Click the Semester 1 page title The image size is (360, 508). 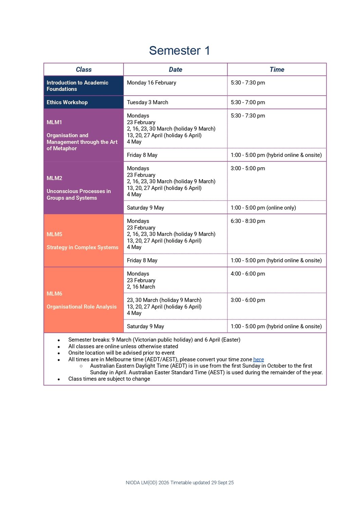(179, 51)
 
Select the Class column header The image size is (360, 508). (84, 70)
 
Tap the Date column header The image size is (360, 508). (175, 70)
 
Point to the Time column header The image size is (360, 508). (277, 70)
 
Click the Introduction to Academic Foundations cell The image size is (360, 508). (77, 86)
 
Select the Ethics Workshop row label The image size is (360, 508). (67, 102)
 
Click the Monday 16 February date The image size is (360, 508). (151, 83)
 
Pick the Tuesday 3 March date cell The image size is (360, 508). (147, 102)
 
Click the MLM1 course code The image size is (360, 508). (54, 122)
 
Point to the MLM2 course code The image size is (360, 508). (54, 178)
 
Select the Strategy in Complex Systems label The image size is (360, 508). (83, 247)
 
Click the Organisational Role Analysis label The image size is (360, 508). (82, 307)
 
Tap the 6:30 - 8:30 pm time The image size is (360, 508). (248, 221)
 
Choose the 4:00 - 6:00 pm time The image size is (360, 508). (248, 274)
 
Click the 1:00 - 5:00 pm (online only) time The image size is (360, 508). (263, 208)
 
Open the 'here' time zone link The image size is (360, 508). (258, 359)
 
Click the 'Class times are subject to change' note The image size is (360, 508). (109, 379)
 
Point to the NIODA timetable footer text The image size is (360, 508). (180, 483)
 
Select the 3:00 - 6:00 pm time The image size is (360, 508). (248, 300)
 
